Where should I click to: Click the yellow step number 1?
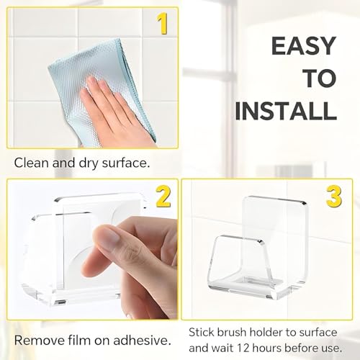coord(162,24)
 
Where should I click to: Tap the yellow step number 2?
coord(163,197)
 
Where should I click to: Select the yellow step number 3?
coord(334,196)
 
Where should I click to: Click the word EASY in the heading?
coord(303,46)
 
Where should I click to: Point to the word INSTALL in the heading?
coord(286,111)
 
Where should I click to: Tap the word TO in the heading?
coord(320,78)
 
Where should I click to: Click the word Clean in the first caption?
coord(32,163)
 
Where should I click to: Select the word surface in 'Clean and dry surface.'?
coord(126,163)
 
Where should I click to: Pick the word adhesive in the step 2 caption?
coord(142,341)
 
